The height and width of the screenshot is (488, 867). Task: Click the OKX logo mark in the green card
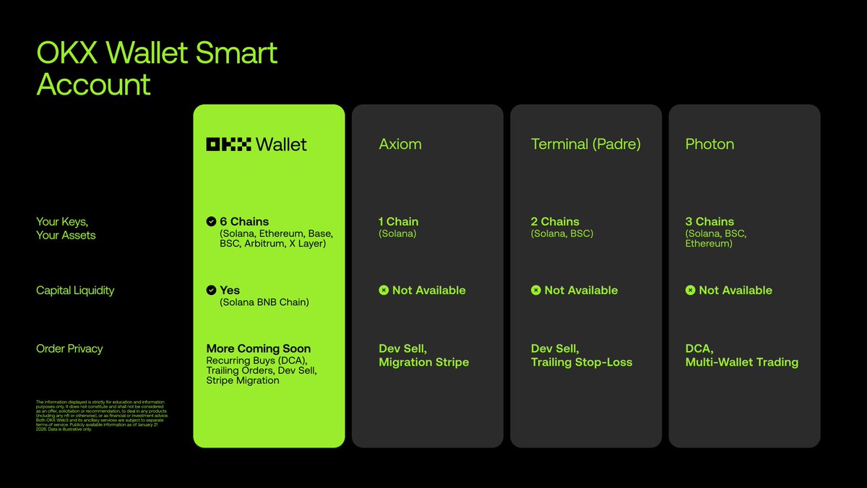coord(229,145)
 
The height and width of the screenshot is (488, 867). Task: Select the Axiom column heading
coord(400,145)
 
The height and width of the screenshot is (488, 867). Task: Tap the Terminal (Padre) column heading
coord(586,145)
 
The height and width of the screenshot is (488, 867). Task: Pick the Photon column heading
coord(709,145)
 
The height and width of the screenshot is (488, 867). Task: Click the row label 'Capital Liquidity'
coord(75,291)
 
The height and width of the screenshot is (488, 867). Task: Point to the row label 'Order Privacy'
coord(69,348)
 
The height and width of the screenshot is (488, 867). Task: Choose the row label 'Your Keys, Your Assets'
coord(66,228)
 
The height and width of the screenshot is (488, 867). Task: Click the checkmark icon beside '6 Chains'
coord(211,222)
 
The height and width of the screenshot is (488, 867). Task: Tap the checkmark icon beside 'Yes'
coord(211,290)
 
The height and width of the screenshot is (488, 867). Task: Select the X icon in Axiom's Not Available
coord(384,291)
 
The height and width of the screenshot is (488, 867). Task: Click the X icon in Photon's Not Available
coord(690,291)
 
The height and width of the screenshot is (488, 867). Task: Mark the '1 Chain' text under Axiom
coord(399,222)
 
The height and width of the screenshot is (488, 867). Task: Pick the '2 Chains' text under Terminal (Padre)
coord(555,222)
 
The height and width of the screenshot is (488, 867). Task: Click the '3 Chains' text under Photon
coord(709,222)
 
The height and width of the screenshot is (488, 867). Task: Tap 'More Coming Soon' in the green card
coord(259,348)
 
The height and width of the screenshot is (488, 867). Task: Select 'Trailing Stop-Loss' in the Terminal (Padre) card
coord(582,362)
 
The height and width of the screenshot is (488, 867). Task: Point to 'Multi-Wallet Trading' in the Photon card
coord(742,362)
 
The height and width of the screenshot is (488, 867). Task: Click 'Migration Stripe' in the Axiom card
coord(424,362)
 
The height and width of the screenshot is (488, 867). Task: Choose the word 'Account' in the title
coord(94,85)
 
